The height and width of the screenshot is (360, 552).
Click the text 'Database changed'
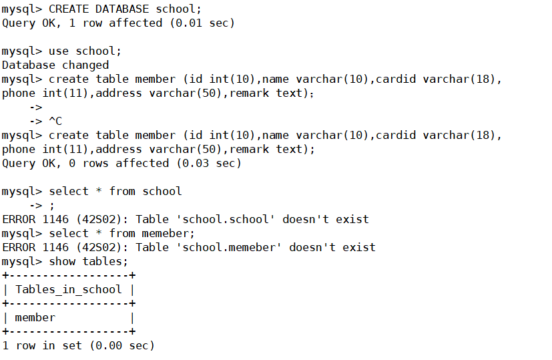(x=55, y=65)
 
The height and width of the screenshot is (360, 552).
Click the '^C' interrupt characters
(x=55, y=121)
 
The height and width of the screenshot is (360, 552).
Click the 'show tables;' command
(x=88, y=261)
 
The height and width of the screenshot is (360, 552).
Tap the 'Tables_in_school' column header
(x=68, y=289)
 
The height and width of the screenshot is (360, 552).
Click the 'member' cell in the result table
(x=35, y=317)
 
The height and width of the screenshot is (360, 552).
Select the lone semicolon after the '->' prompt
(x=52, y=205)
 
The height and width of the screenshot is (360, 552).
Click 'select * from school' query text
(x=115, y=191)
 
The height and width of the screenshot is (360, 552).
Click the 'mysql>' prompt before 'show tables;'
(x=22, y=261)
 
